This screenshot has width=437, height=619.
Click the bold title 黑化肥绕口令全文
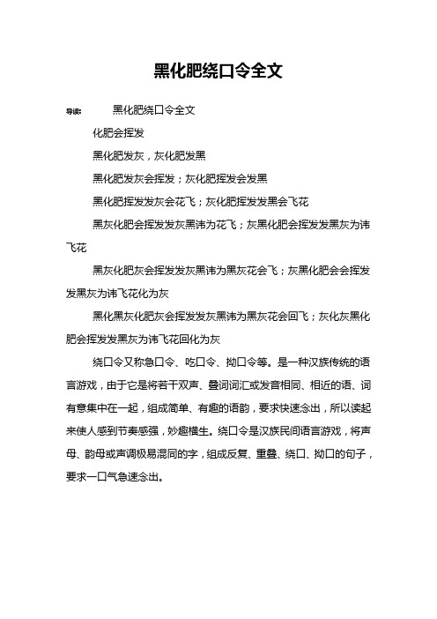tap(218, 71)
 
